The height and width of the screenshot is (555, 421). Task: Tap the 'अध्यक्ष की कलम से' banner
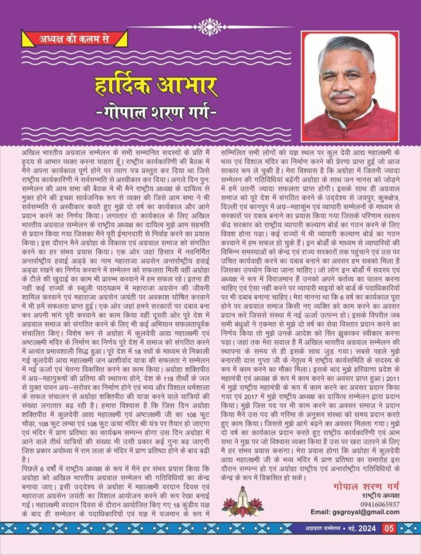point(75,38)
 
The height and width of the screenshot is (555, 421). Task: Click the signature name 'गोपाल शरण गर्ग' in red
point(366,486)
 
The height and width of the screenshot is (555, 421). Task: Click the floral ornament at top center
point(210,26)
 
